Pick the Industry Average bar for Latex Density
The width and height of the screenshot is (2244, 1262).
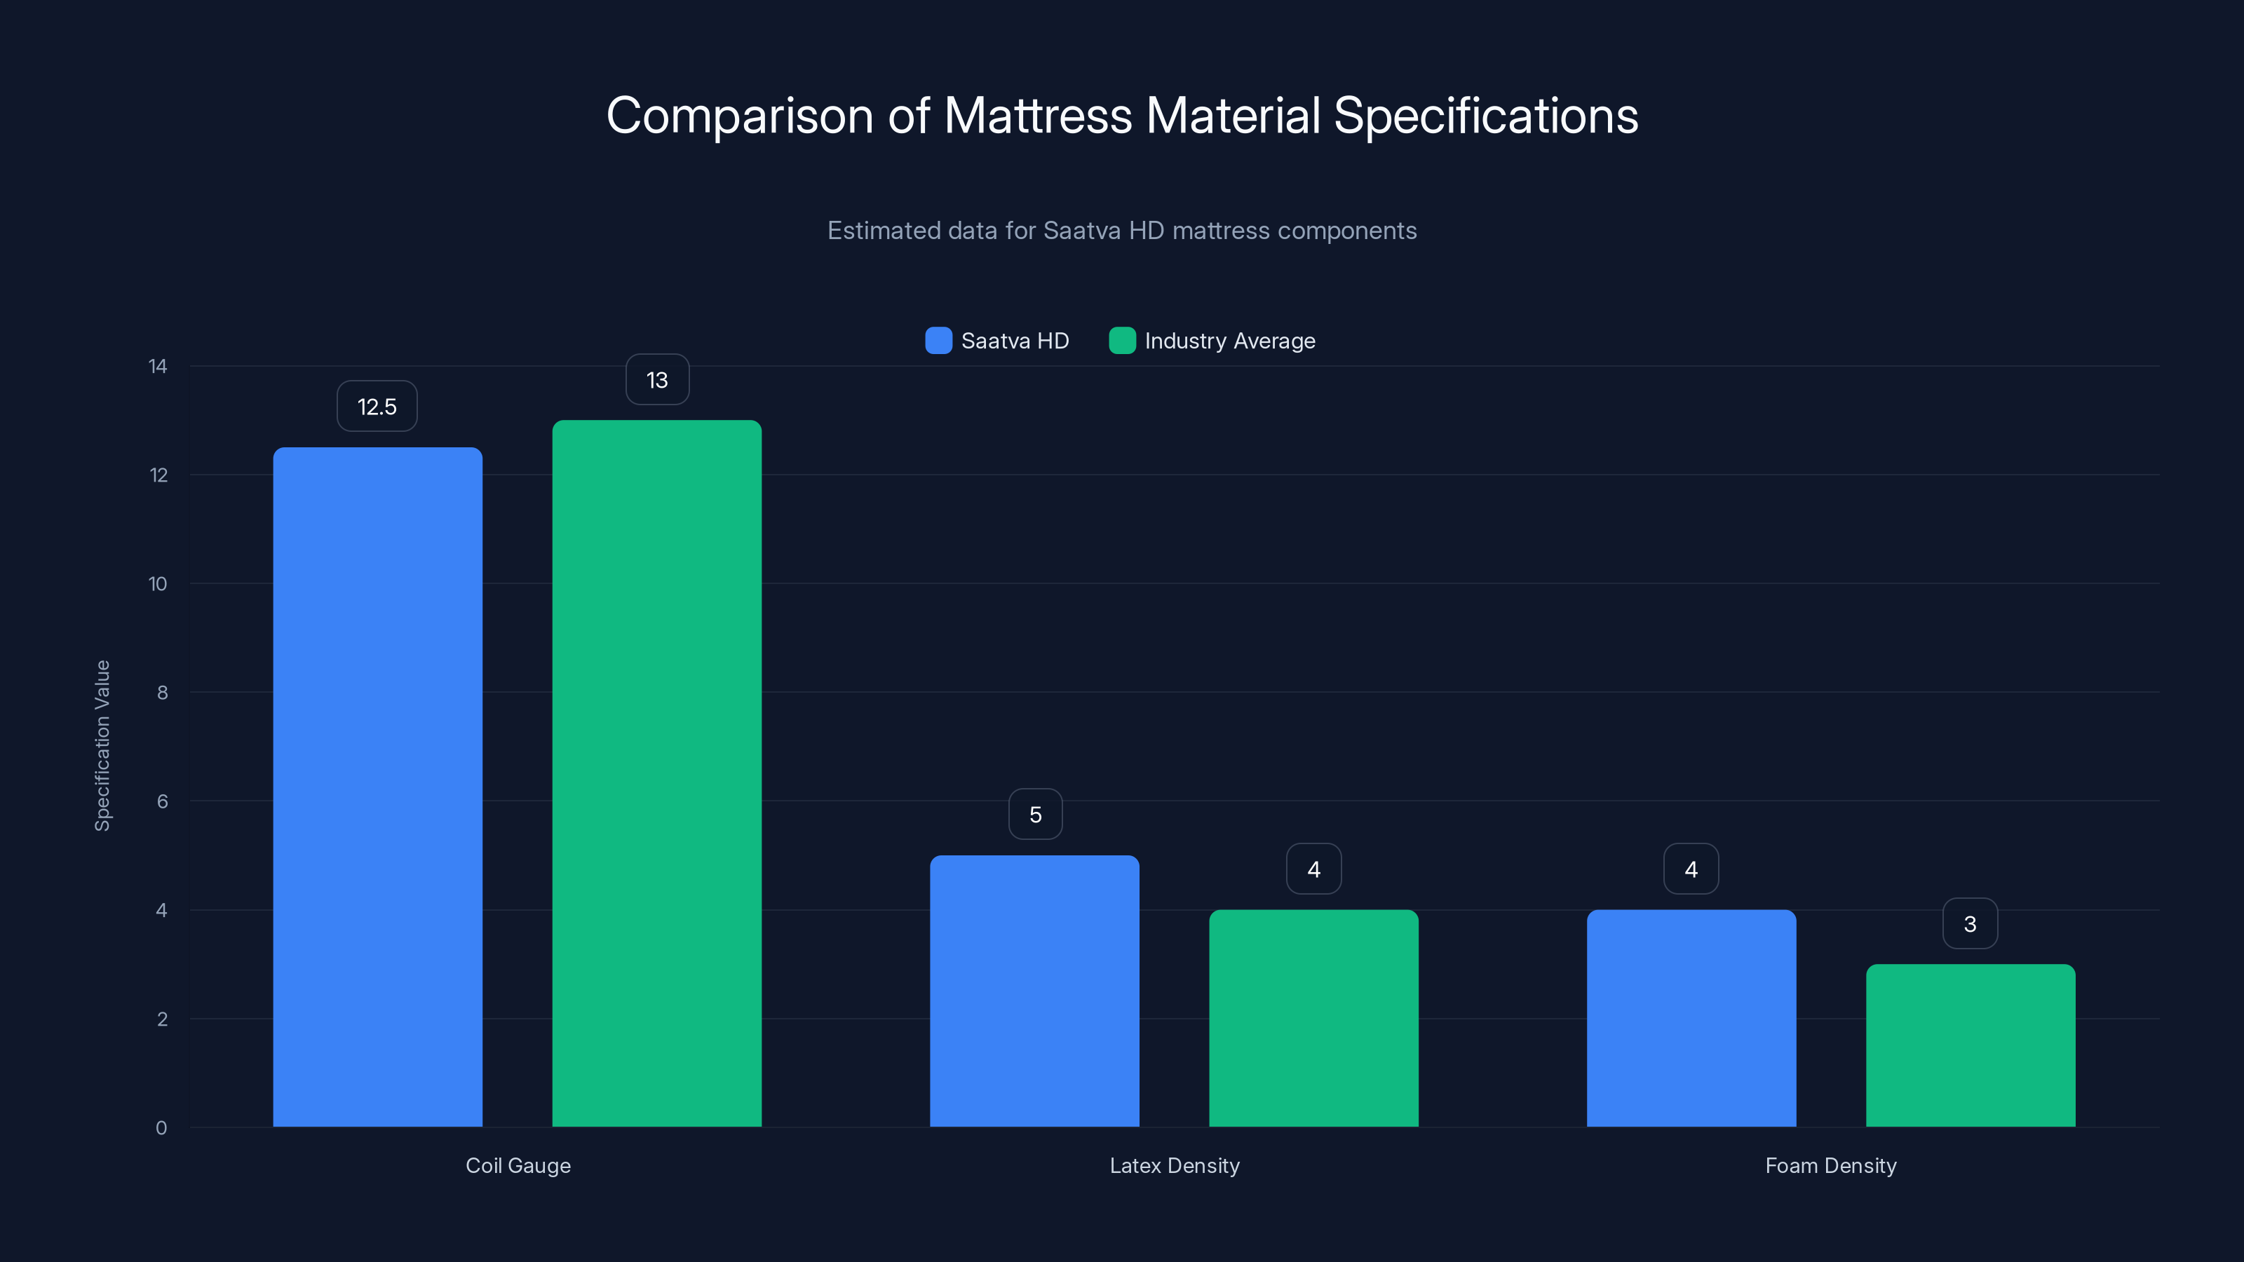point(1313,1018)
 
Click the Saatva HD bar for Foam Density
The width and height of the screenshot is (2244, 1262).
point(1691,1018)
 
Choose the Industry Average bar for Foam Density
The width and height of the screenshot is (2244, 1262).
point(1971,1045)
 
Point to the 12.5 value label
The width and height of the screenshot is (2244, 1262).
point(377,406)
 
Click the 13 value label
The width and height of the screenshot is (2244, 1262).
point(657,380)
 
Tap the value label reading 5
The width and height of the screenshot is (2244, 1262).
point(1035,814)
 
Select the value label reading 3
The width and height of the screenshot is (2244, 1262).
point(1970,923)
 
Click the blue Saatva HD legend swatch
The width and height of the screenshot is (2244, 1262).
point(938,341)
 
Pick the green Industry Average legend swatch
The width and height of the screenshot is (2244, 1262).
point(1122,341)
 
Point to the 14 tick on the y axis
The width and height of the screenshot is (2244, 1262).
point(158,366)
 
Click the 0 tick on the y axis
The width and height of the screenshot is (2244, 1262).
point(161,1128)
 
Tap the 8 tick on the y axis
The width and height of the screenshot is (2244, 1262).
point(162,693)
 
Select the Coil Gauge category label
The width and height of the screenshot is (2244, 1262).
point(518,1165)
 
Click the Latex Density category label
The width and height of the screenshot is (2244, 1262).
point(1175,1165)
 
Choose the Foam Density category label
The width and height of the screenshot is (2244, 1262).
point(1830,1165)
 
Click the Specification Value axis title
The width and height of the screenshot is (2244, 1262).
point(103,745)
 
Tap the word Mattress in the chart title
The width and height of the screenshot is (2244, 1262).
point(1038,115)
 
